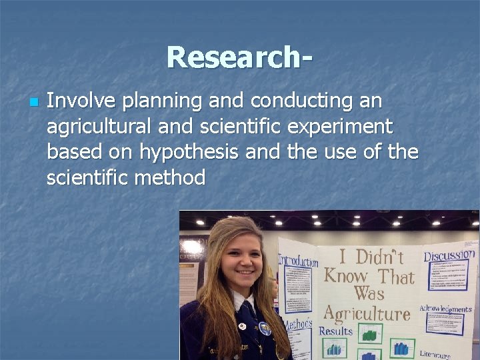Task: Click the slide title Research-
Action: [x=239, y=57]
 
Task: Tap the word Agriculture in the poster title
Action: [x=366, y=313]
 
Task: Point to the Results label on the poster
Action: [x=336, y=331]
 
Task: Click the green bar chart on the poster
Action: [x=370, y=333]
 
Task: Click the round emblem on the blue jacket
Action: [x=264, y=329]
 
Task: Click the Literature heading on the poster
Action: [x=435, y=354]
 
